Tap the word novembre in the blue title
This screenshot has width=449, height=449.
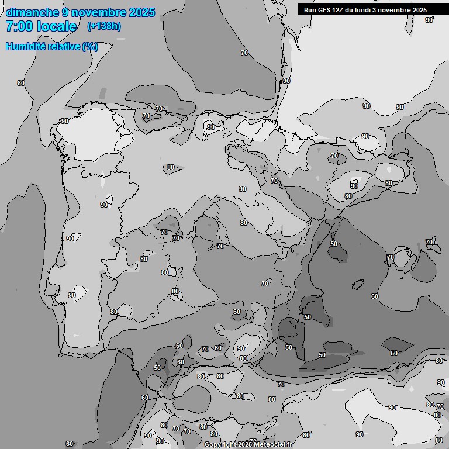[x=94, y=12]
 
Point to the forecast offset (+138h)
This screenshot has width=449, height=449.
[x=103, y=26]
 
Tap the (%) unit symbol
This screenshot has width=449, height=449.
[x=90, y=46]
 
